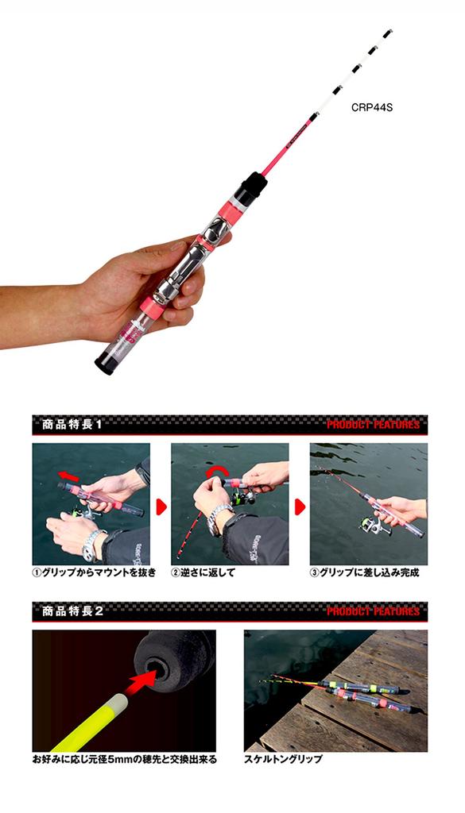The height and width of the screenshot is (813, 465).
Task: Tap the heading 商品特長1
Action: tap(72, 424)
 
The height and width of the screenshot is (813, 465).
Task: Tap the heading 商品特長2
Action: tap(72, 611)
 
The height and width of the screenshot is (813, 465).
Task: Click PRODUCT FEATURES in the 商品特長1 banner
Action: tap(373, 425)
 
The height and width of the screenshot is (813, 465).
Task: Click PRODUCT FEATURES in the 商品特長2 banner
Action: tap(373, 612)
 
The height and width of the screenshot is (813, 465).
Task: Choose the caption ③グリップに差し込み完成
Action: tap(366, 572)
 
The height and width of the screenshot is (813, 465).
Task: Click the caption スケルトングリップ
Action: tap(283, 760)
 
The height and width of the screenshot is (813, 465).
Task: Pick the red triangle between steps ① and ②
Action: tap(160, 505)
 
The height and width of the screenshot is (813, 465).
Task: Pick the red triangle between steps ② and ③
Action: tap(299, 505)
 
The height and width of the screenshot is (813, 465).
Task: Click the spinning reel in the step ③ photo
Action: tap(367, 526)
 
